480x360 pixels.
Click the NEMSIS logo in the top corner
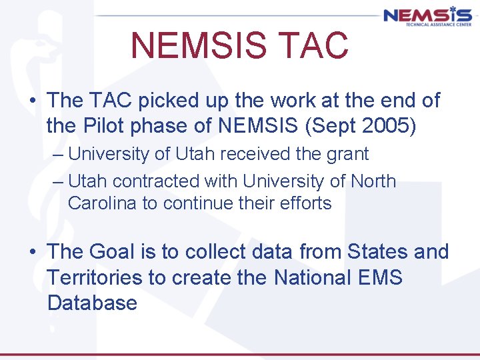coord(427,15)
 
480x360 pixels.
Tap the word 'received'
coord(253,154)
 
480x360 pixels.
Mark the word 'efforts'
coord(305,203)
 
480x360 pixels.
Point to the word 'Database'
coord(92,303)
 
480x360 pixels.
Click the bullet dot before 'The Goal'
coord(32,253)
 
